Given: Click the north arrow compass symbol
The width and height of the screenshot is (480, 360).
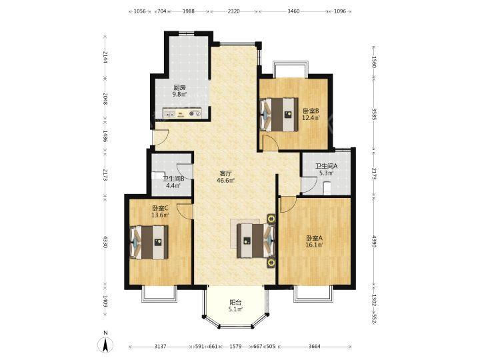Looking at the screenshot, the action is point(105,345).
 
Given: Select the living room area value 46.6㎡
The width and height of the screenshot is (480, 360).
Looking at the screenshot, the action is point(225,181).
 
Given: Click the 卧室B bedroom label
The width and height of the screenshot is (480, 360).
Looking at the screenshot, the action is point(311,111).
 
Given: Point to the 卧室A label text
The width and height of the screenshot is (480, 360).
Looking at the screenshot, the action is point(315,238).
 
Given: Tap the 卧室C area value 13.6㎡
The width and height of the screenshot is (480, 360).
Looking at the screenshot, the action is point(160,215).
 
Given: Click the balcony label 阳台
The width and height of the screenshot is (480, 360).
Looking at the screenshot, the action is point(235,302).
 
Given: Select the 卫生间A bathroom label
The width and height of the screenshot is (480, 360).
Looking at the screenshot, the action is point(327,166).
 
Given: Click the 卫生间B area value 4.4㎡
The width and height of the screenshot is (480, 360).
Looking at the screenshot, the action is point(173,185).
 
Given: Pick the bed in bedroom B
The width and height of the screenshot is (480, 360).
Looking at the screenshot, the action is point(279,115).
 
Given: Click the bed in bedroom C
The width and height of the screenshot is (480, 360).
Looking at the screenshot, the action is point(149,243).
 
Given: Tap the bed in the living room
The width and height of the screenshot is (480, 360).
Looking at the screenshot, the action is point(256,240).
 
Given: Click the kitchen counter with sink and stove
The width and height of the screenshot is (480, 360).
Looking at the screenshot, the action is point(183,113).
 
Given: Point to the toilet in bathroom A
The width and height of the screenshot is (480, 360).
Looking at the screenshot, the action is point(327,187).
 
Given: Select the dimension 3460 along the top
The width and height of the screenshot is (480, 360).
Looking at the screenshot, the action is point(293,11).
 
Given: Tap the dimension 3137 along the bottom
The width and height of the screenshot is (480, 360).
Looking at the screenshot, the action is point(160,347).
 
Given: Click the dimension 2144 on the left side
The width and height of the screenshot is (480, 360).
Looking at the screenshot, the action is point(105,57).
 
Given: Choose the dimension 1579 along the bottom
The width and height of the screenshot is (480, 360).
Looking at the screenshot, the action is point(236,347).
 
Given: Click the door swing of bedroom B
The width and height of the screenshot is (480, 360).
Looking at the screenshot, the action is point(271,143).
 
